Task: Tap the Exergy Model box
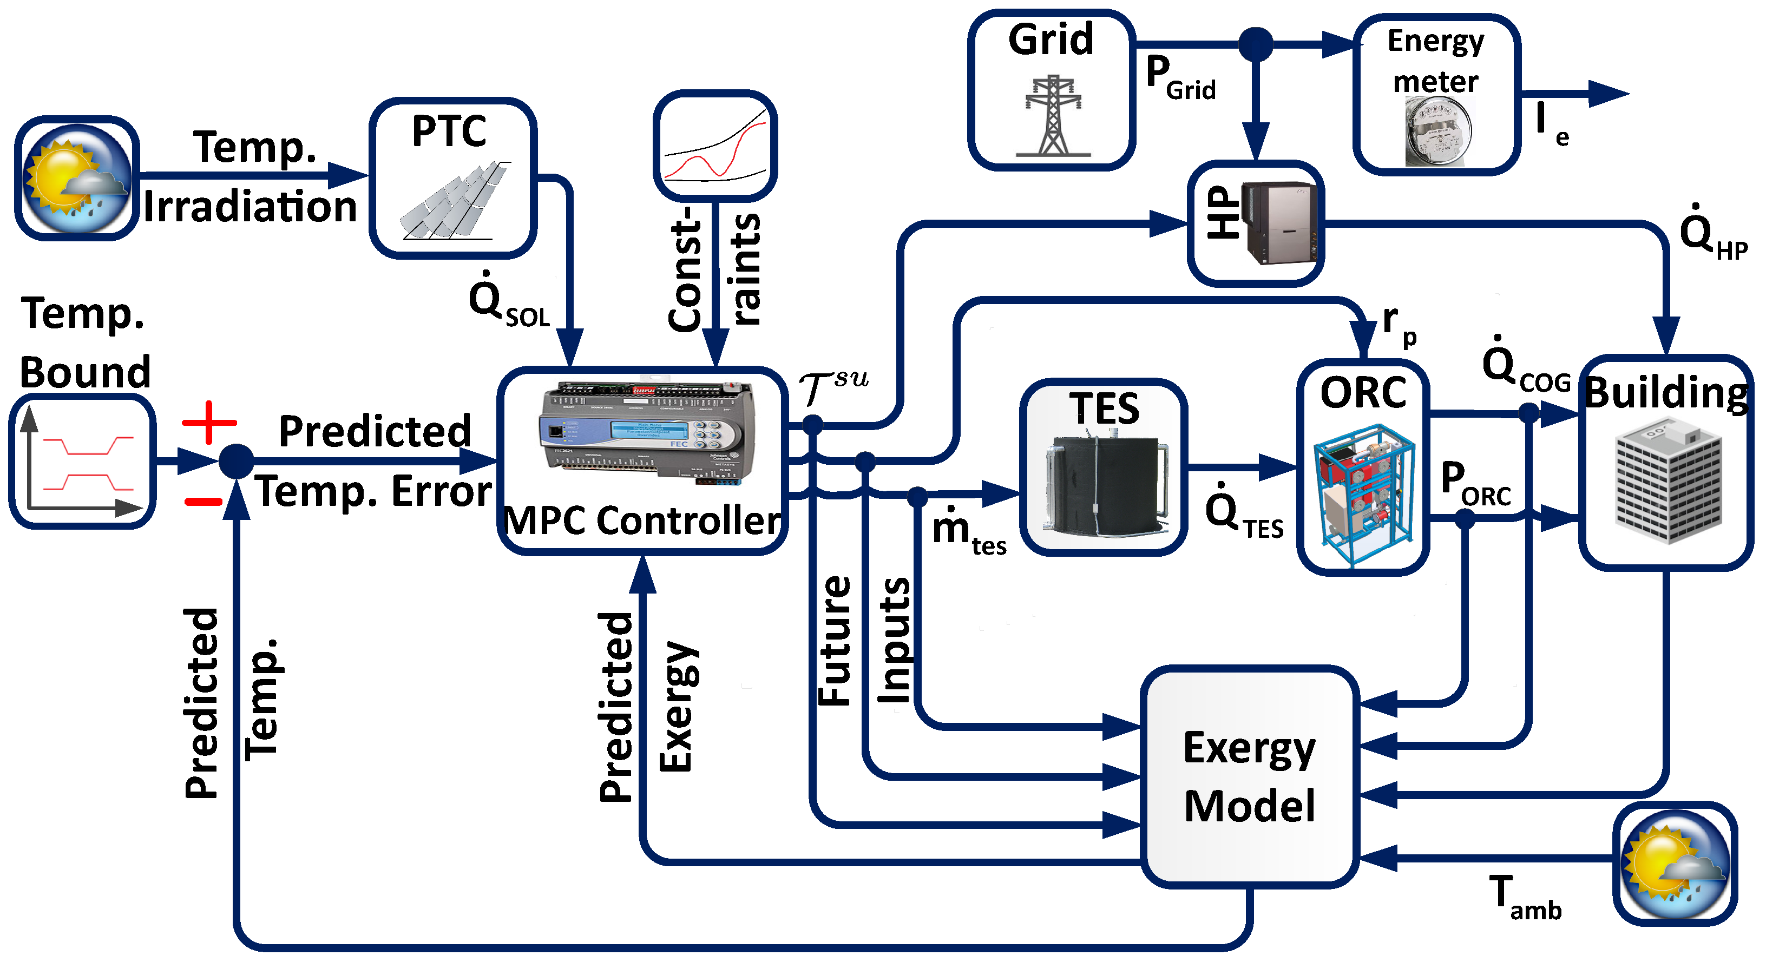coord(1249,776)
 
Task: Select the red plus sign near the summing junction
coord(209,422)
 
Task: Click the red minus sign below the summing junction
coord(203,502)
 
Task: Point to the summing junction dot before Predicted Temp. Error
coord(237,460)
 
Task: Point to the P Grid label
coord(1179,79)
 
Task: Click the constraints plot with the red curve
coord(715,144)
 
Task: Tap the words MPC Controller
coord(642,520)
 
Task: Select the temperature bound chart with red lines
coord(82,460)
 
